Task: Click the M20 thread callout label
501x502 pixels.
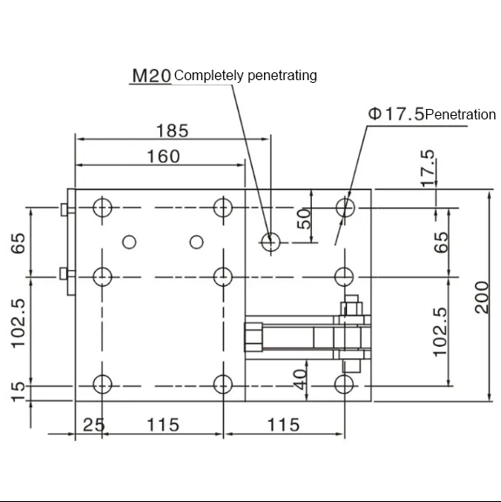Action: (152, 76)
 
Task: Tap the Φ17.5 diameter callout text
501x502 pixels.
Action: (396, 114)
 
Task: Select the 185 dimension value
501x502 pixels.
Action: (173, 131)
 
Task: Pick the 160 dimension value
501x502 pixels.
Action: (163, 157)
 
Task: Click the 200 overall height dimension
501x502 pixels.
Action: (482, 297)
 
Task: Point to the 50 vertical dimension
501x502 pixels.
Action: (304, 219)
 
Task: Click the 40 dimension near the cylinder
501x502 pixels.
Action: (300, 380)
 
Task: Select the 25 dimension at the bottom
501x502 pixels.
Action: (94, 425)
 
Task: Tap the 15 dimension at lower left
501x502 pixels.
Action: (18, 391)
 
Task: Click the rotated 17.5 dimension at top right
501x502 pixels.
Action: (428, 167)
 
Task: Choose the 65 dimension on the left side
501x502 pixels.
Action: (18, 243)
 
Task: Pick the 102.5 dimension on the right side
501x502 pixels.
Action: (440, 332)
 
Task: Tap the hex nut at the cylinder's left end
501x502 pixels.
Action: (254, 337)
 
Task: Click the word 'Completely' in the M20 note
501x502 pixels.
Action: (208, 76)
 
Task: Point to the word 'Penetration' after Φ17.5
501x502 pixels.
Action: (461, 115)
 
